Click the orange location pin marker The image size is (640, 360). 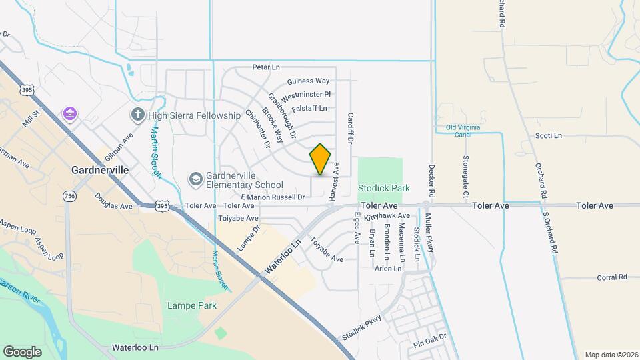tap(320, 159)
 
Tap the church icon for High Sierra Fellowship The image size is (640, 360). tap(138, 115)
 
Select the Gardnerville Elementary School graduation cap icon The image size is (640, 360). tap(195, 179)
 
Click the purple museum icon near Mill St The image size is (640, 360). tap(69, 114)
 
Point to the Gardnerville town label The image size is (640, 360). tap(100, 170)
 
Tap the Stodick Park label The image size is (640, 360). tap(383, 189)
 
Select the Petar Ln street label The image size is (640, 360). tap(265, 67)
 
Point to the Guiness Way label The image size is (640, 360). tap(308, 81)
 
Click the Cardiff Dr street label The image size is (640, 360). tap(349, 128)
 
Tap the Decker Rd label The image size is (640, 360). tap(432, 181)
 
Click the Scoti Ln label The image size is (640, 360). tap(549, 136)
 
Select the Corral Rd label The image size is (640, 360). tap(612, 277)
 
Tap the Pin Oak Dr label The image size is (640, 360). tap(429, 345)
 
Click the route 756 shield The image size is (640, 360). tap(69, 196)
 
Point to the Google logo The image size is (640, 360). tap(23, 351)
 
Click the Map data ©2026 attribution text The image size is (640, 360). tap(611, 355)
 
